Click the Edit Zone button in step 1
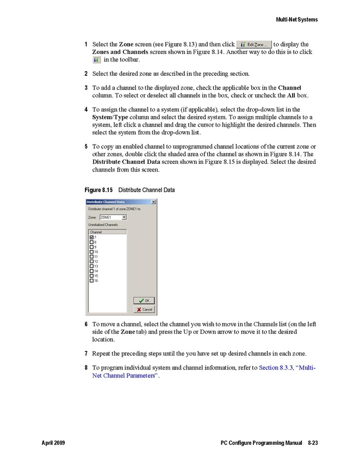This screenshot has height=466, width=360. (254, 45)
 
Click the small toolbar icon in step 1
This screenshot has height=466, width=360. (96, 60)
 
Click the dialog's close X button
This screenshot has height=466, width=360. (153, 202)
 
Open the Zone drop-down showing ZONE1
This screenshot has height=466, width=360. (124, 217)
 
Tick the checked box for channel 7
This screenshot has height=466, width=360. (92, 237)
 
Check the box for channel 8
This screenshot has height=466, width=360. (92, 242)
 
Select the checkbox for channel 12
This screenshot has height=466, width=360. (92, 261)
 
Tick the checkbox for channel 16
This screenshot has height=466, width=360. (92, 280)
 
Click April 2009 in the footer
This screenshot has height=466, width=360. (53, 443)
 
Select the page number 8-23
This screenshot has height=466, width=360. (312, 443)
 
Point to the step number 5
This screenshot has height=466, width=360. (86, 147)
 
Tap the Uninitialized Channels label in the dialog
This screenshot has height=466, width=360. (104, 225)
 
